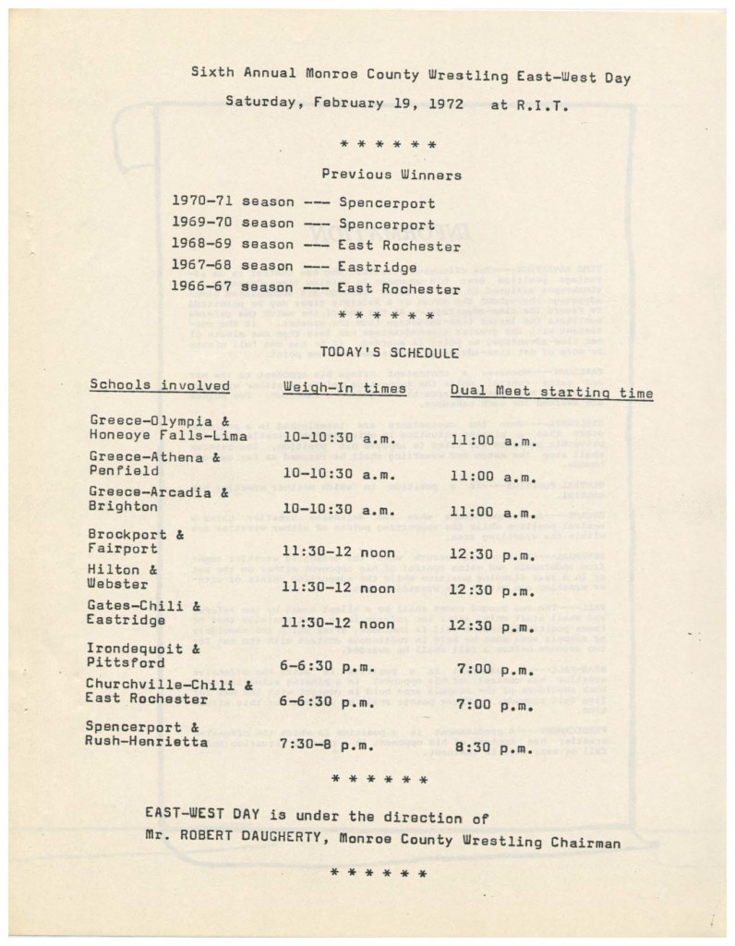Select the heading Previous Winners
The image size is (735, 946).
coord(392,173)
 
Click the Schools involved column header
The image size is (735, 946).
coord(160,385)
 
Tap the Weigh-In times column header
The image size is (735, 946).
coord(344,389)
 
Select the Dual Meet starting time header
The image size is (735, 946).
coord(551,392)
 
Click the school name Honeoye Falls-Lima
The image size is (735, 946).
coord(168,435)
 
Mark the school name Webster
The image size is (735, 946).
coord(117,584)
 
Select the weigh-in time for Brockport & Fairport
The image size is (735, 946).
coord(338,552)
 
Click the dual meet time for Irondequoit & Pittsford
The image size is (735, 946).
coord(496,669)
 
